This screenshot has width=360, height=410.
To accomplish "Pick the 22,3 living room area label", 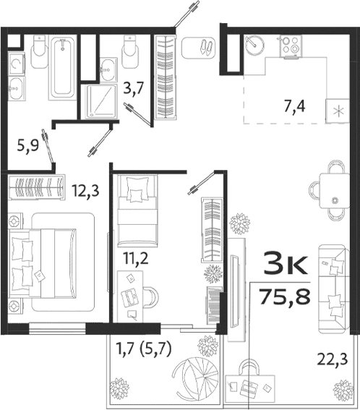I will (x=332, y=356).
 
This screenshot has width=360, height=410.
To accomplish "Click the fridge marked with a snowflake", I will (x=338, y=111).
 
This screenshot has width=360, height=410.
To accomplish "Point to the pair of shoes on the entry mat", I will (x=205, y=47).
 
